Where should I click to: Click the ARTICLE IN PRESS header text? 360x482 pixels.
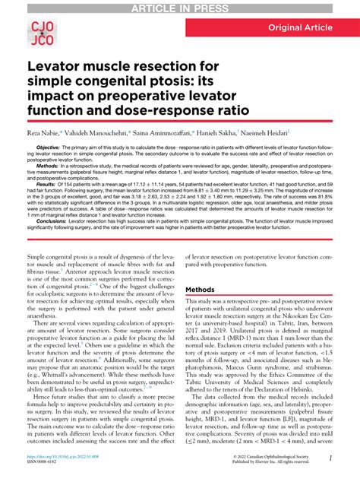click(179, 7)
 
